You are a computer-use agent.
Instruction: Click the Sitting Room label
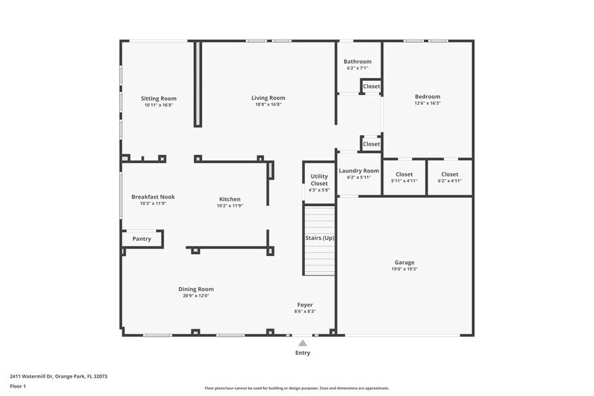point(158,98)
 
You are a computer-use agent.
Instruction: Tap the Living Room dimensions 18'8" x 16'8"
point(268,105)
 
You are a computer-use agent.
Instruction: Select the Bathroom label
point(357,61)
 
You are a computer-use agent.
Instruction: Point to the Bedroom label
point(427,96)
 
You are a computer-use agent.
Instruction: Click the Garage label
point(404,262)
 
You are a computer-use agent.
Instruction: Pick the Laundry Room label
point(359,171)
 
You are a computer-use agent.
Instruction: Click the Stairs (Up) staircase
point(319,242)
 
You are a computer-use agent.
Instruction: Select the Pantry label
point(141,238)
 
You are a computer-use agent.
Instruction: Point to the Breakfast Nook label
point(153,197)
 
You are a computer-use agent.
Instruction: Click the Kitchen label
point(230,199)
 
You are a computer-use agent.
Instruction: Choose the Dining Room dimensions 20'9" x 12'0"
point(196,296)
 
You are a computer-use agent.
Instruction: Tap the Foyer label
point(305,304)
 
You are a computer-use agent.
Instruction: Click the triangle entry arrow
point(302,343)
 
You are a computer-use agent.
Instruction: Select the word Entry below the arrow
point(302,352)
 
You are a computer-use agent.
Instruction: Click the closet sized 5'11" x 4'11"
point(404,178)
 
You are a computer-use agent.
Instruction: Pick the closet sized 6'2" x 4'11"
point(449,178)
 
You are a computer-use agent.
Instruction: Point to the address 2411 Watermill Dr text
point(59,376)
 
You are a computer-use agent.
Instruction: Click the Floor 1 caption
point(18,386)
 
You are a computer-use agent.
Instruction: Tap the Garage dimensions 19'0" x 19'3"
point(404,269)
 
